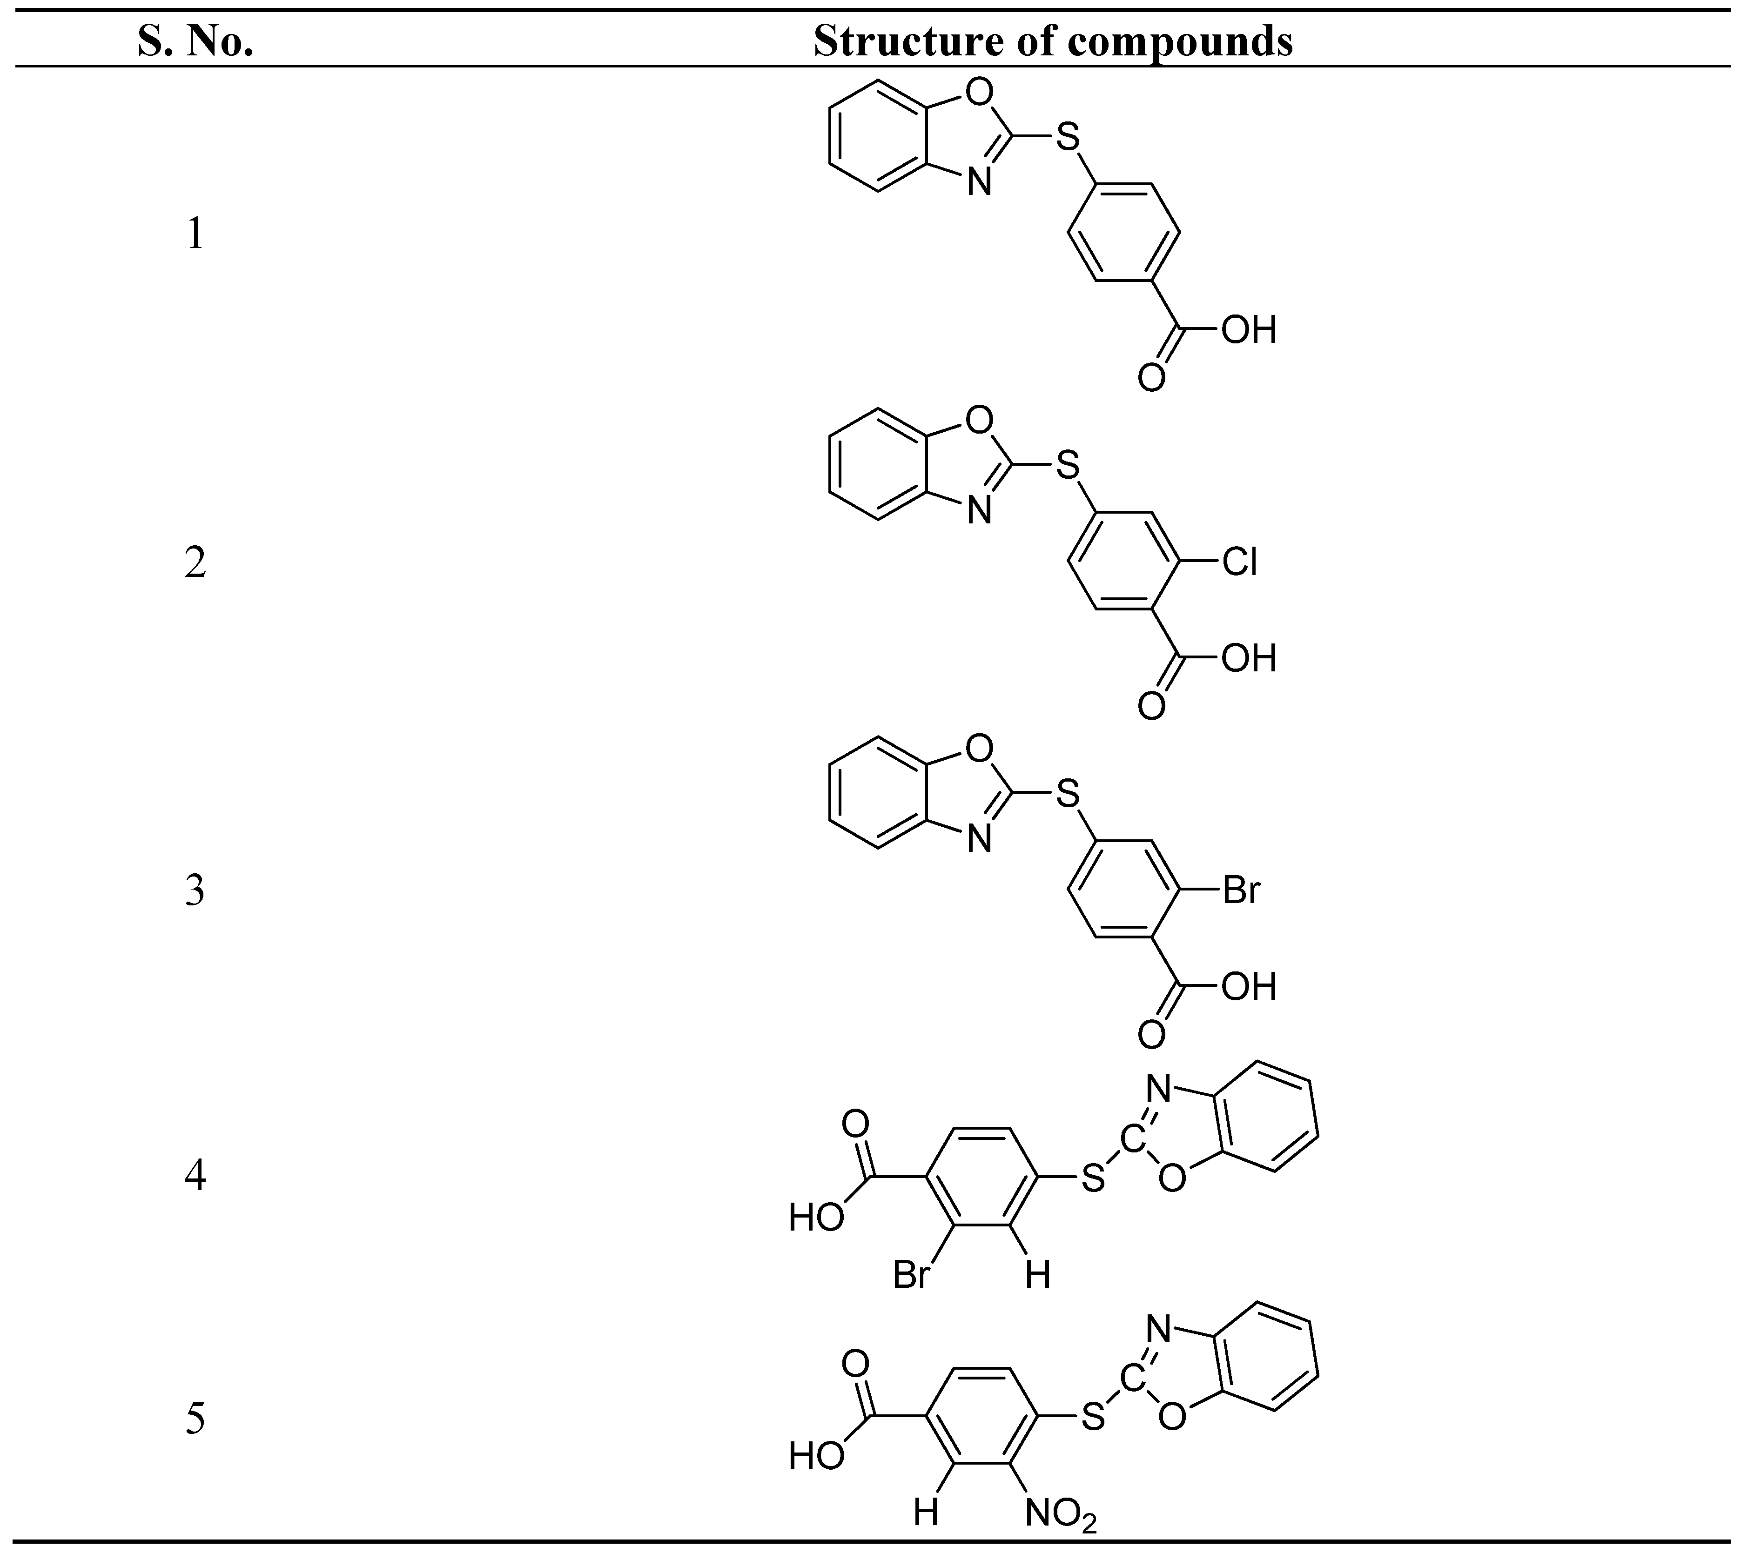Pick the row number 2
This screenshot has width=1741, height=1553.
tap(195, 563)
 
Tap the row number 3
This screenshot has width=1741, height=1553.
tap(195, 891)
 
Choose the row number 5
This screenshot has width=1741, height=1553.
tap(195, 1419)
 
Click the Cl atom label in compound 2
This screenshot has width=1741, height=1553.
tap(1239, 562)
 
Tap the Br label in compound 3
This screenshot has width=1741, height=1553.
tap(1241, 890)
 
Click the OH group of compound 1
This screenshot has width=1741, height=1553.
tap(1249, 330)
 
